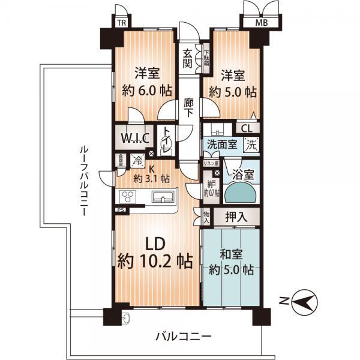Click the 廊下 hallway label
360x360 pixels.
click(x=190, y=109)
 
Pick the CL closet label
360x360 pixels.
click(x=247, y=128)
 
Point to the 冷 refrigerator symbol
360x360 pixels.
click(x=137, y=160)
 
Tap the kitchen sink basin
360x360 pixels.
click(x=163, y=197)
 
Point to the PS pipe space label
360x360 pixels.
click(x=121, y=210)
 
